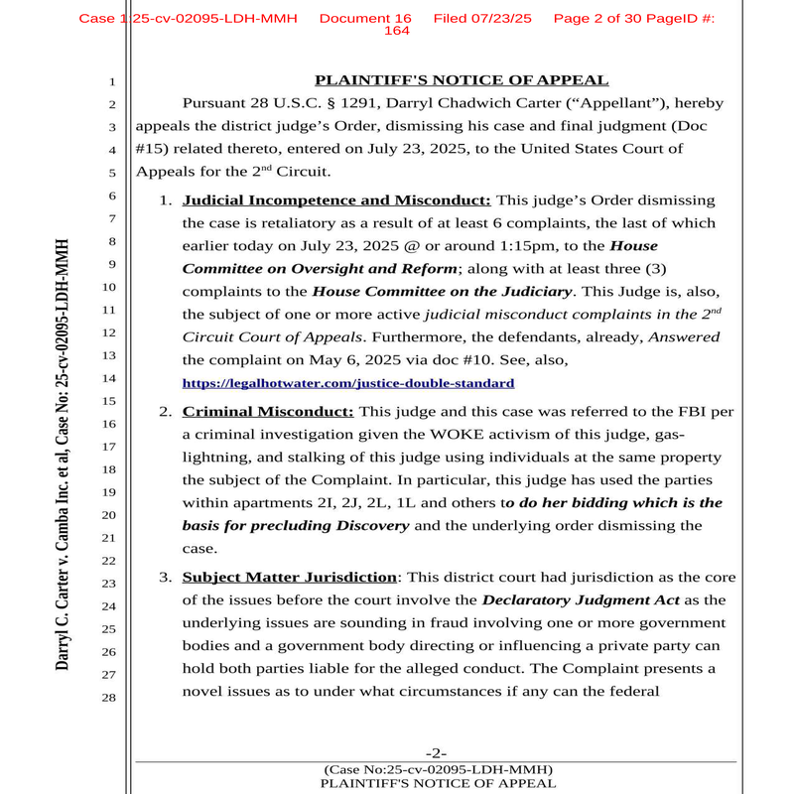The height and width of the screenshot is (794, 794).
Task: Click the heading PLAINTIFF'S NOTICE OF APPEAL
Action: pos(462,80)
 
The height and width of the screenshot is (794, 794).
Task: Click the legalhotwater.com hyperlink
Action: pos(347,382)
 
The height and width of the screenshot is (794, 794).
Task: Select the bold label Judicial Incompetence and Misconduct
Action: pos(336,199)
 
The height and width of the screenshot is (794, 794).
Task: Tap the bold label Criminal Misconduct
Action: pos(268,411)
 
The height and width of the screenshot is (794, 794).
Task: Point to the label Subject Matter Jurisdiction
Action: pos(290,577)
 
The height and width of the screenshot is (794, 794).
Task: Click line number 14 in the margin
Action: pos(110,378)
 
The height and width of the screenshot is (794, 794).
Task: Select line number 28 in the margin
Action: pos(110,698)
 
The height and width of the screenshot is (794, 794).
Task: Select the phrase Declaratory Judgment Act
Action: pos(582,599)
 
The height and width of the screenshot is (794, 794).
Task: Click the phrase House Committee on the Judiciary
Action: pos(443,291)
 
